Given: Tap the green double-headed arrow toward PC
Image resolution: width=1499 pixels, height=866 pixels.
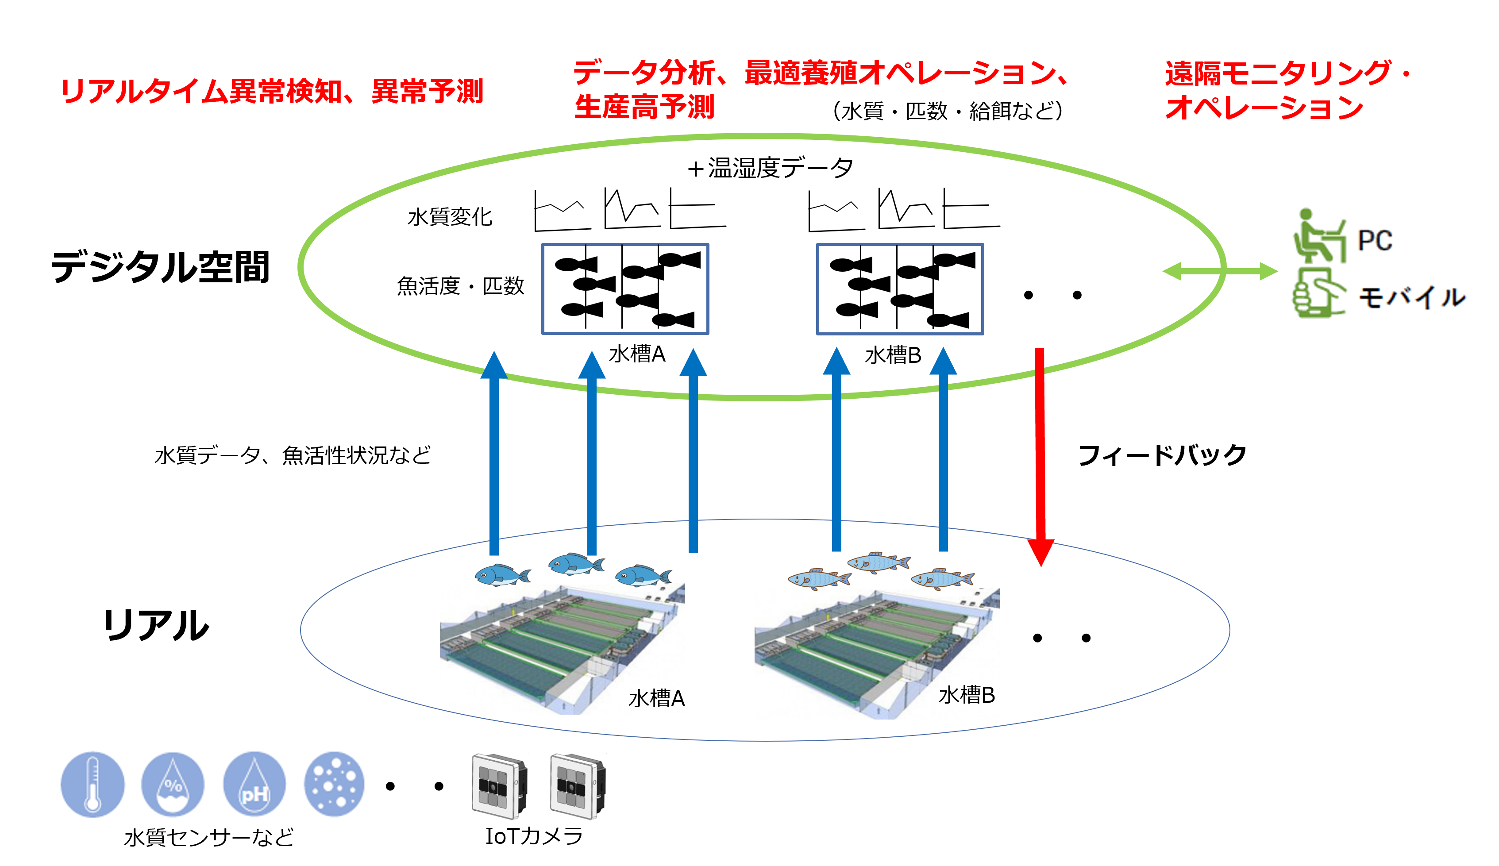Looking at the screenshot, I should pos(1219,272).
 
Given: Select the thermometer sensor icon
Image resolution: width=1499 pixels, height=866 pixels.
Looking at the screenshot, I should pos(93,784).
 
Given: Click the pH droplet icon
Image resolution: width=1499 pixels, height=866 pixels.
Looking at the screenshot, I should pos(254,784).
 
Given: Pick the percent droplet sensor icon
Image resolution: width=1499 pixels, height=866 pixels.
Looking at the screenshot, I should pos(173,784).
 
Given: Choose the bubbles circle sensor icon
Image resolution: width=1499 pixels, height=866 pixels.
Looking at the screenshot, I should pos(334,784).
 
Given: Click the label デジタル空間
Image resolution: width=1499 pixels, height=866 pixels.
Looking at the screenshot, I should pos(161,267).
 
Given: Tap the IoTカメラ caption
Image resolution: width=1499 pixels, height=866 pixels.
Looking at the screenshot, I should pos(534,835).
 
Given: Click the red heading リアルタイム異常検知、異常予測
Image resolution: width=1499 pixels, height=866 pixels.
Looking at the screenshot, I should pos(272,92).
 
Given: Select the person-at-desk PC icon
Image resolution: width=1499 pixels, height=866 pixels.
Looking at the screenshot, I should pos(1319,236).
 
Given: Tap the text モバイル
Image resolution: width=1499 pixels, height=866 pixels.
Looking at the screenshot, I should pos(1411,297).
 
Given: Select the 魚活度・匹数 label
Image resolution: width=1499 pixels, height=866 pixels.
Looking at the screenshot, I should pos(460,286).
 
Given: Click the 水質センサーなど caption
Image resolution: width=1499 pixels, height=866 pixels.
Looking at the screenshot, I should pos(209,837).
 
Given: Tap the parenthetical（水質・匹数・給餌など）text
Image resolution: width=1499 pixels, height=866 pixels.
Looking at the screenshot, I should pos(948,111).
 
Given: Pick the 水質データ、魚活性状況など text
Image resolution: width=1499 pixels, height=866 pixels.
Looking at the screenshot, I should pos(293,456).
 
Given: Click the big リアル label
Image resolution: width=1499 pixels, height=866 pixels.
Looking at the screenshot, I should pos(156,625).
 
